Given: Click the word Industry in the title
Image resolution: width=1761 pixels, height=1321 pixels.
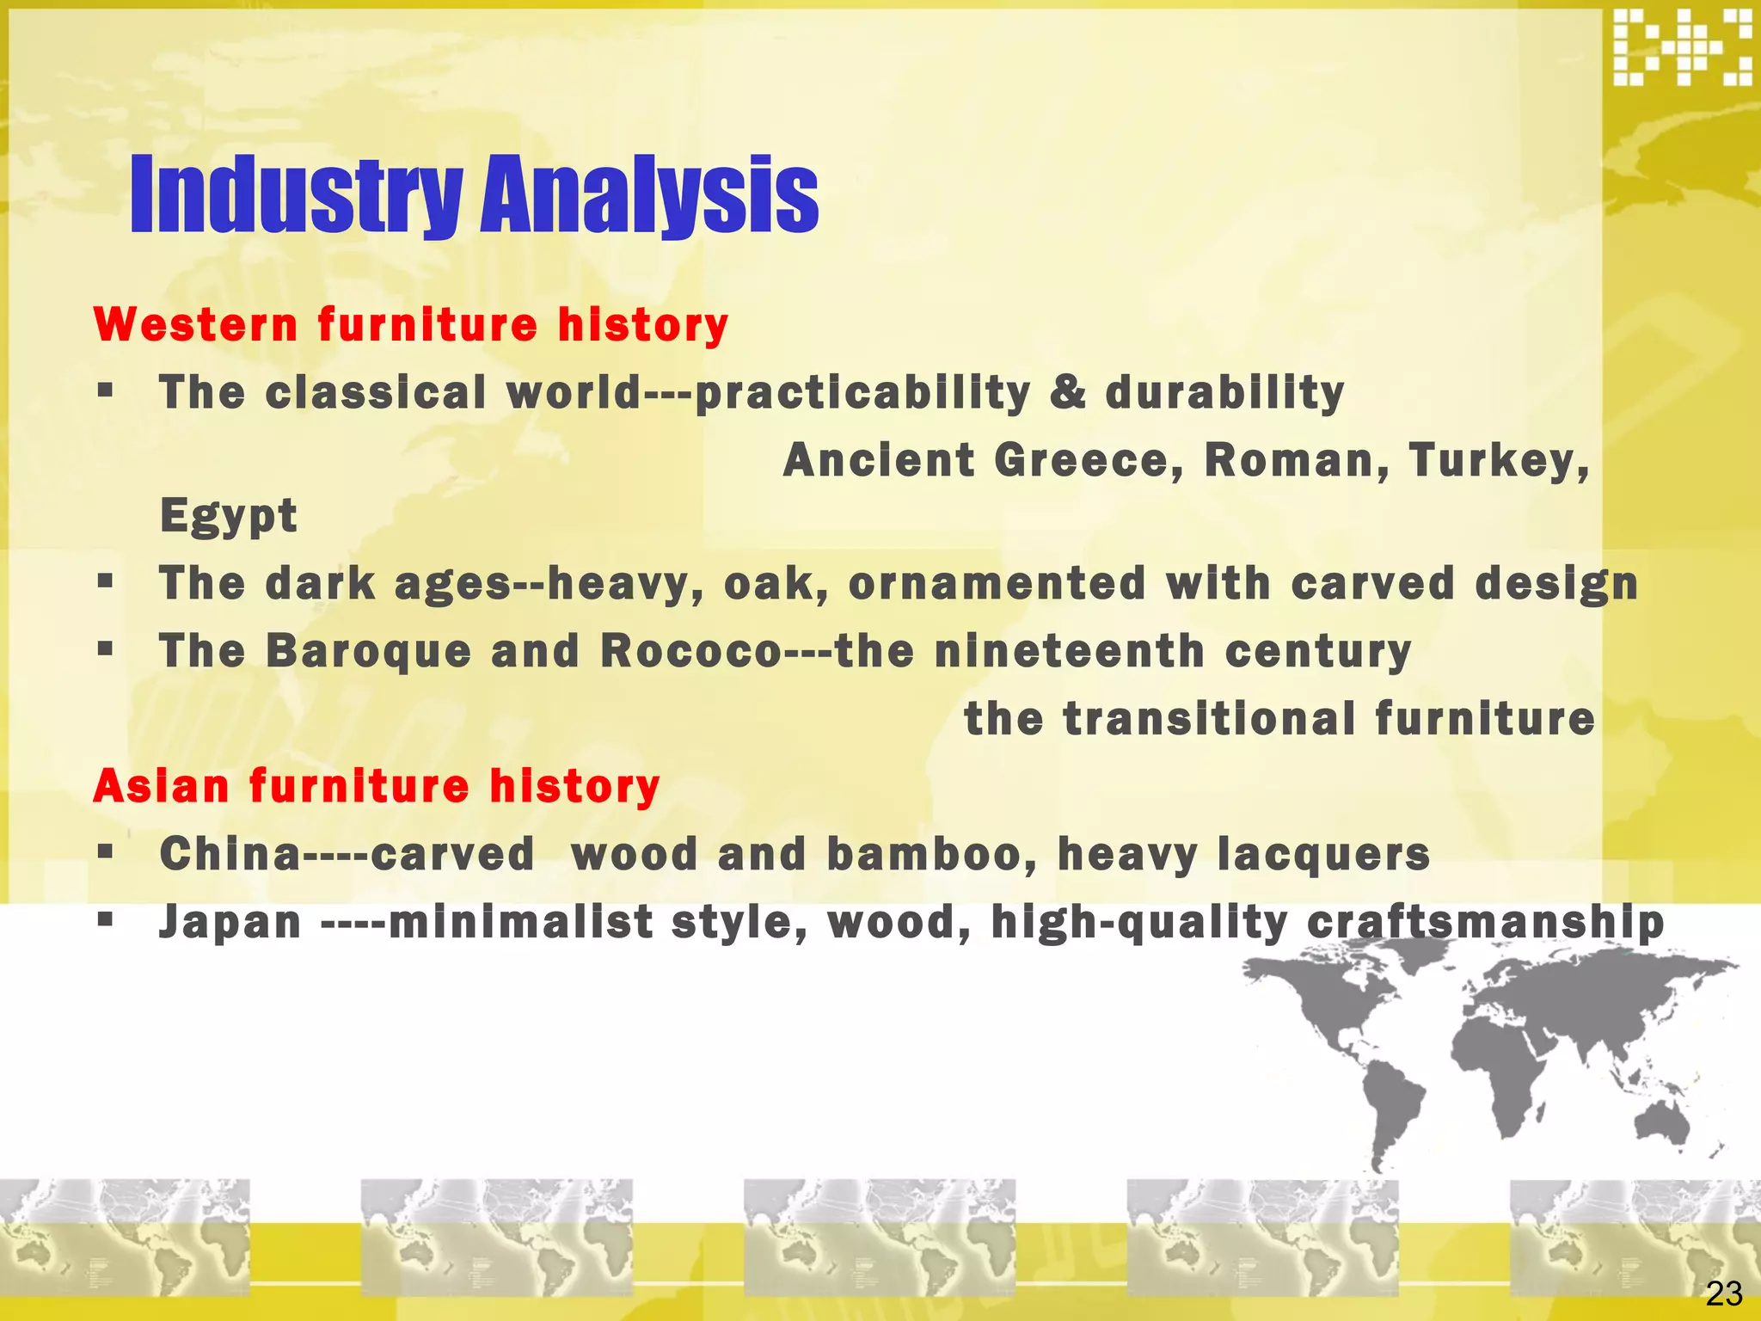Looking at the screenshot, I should pos(297,196).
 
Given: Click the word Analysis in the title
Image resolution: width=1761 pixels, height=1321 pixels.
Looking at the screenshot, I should pos(649,196).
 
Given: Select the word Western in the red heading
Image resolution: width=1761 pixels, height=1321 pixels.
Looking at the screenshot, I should pos(196,325).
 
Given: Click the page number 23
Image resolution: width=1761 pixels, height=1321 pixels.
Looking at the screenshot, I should pos(1723,1293).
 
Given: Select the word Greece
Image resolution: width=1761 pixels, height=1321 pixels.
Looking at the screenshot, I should pos(1089,460).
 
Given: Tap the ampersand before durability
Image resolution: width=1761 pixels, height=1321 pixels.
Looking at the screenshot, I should pos(1067,392).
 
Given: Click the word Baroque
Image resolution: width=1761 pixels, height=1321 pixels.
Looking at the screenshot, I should pos(369,651).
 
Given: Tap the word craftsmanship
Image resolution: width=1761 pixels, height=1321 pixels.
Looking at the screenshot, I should pos(1486,922).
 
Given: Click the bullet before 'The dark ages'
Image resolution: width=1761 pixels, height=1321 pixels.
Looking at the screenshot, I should pos(106,582).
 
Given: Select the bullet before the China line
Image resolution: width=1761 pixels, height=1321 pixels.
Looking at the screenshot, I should pos(106,853).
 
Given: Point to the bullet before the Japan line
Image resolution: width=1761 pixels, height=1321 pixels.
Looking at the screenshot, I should pos(106,920).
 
